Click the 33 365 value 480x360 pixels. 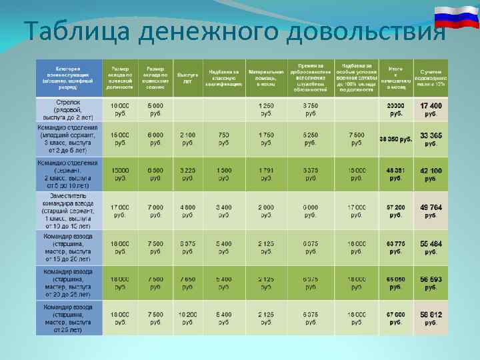[x=431, y=139]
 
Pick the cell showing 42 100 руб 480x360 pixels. [x=431, y=175]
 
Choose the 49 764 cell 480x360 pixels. [x=431, y=211]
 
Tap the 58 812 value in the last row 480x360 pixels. [x=431, y=318]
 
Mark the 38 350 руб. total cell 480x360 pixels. [x=395, y=139]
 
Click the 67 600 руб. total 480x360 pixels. [x=395, y=318]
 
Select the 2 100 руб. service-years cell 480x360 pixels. [x=188, y=139]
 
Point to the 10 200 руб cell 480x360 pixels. [x=188, y=318]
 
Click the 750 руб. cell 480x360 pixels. [x=224, y=139]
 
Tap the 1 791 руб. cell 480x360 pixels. [x=266, y=175]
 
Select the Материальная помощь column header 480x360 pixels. [x=266, y=77]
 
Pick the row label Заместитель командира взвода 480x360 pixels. [x=69, y=211]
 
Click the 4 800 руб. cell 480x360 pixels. [x=188, y=211]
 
